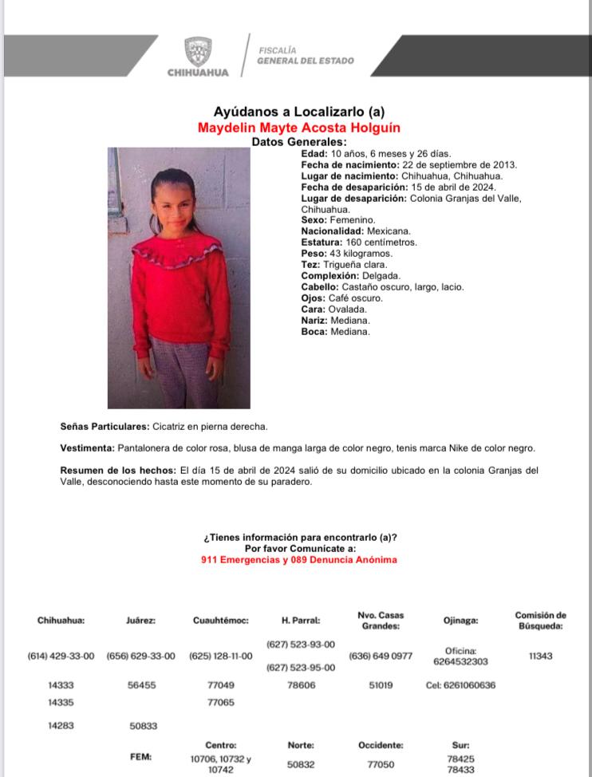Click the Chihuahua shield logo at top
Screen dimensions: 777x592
point(198,52)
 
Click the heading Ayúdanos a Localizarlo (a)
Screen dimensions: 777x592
point(298,112)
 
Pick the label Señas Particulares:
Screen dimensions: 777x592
point(105,427)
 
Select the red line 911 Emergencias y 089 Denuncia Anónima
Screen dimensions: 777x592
point(299,560)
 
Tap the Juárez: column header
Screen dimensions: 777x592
point(140,620)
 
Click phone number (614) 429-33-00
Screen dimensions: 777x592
point(61,657)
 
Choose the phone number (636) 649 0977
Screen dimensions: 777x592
point(381,657)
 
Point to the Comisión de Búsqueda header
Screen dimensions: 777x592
point(540,620)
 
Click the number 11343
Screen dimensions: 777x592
point(540,657)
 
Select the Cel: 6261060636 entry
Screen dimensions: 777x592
point(460,685)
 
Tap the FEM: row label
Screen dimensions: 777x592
point(141,756)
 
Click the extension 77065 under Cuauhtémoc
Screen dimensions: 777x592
point(221,703)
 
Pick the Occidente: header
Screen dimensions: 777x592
point(381,745)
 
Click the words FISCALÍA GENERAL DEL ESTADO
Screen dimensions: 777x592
point(306,56)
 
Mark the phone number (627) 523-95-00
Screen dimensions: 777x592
point(301,669)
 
